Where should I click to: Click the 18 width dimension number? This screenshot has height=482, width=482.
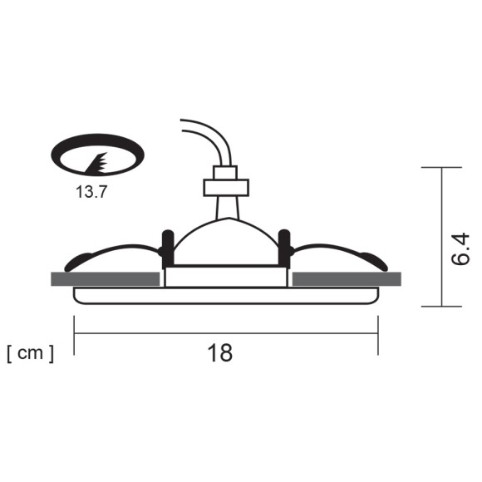click(x=220, y=353)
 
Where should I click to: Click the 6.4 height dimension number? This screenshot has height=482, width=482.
click(x=462, y=249)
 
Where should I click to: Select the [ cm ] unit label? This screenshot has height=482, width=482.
click(x=31, y=353)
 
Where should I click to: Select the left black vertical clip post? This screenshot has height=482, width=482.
click(x=167, y=246)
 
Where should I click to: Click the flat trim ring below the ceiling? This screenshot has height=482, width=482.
click(x=225, y=295)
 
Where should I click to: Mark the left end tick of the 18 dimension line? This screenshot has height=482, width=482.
click(x=74, y=335)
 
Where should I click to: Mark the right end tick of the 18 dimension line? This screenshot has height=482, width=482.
click(x=378, y=335)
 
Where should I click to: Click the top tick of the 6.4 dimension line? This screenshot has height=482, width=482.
click(x=441, y=168)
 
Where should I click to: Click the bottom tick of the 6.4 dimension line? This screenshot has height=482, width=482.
click(x=441, y=306)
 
